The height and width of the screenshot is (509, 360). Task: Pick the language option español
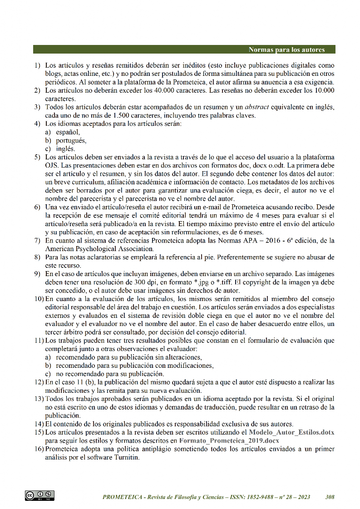(68, 132)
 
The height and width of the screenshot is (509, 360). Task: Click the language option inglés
(66, 148)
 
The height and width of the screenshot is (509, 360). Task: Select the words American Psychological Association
(99, 249)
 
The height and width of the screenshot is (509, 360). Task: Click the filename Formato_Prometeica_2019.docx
(229, 440)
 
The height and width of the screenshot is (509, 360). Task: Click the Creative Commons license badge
(40, 495)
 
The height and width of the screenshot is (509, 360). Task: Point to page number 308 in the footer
(330, 497)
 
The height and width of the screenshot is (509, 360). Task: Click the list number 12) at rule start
(39, 382)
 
